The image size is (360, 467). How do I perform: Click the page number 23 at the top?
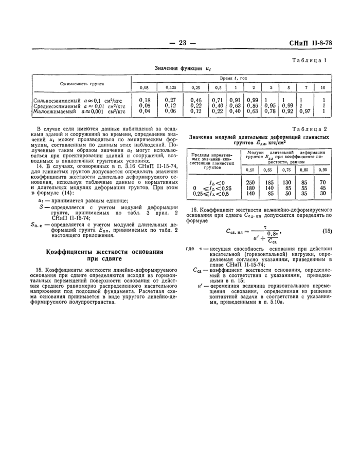[182, 43]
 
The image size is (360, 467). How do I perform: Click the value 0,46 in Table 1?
[196, 100]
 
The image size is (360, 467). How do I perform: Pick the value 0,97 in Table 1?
[305, 110]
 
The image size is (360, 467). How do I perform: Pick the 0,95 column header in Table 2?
[322, 170]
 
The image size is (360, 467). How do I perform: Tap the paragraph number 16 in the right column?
[194, 209]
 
